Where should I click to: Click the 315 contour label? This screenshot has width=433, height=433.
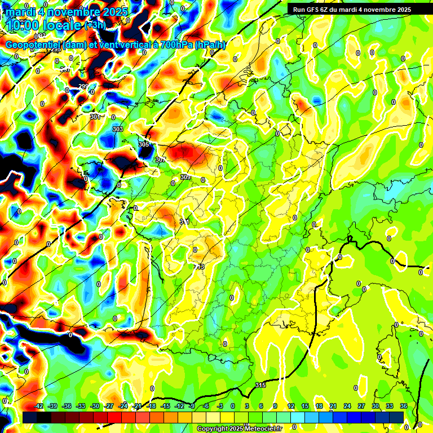260,385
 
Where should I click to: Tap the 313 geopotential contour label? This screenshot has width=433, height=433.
199,266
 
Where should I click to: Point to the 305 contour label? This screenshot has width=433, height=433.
144,145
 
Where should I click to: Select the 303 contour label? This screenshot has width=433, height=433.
118,129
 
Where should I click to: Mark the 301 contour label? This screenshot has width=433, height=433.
95,117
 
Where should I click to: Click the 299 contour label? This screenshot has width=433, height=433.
83,86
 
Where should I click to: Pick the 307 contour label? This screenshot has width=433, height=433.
161,160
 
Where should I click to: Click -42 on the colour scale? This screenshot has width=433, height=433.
39,406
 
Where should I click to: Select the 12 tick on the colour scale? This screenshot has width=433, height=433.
291,406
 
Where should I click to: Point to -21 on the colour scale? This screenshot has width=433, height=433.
137,406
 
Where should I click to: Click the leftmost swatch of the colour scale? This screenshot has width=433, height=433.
30,417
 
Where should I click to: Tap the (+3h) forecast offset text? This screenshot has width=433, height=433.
94,25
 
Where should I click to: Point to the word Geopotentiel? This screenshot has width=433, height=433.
34,45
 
